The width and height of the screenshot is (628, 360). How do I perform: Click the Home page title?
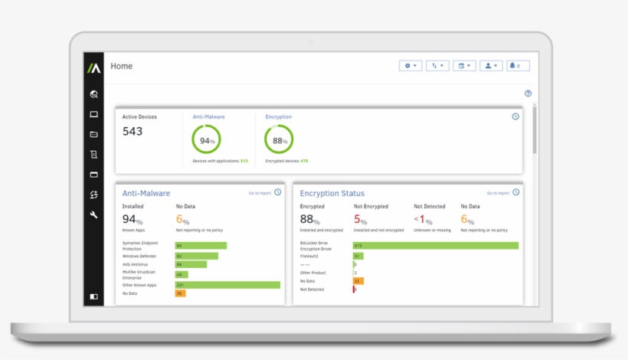(x=122, y=66)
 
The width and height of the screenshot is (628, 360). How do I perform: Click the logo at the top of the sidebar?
(x=93, y=67)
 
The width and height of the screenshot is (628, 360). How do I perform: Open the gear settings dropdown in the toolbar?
(x=410, y=66)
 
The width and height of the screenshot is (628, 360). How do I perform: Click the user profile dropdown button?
(x=491, y=66)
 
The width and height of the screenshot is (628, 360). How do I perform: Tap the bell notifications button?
(x=518, y=66)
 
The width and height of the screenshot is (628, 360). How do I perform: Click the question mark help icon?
(x=528, y=93)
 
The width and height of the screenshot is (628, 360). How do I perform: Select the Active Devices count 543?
(x=132, y=131)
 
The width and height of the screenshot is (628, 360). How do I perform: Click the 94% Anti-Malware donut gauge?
(x=207, y=140)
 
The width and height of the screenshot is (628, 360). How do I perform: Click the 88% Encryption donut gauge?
(x=279, y=140)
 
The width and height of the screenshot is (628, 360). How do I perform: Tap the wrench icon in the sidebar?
(x=93, y=215)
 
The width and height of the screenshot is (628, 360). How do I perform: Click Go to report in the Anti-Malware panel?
(x=260, y=193)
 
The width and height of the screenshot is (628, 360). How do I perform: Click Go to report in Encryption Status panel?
(x=498, y=193)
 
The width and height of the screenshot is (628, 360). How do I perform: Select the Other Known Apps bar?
(x=227, y=284)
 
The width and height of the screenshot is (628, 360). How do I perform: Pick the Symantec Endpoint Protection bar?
(x=201, y=245)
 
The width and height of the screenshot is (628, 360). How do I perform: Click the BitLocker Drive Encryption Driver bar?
(x=435, y=245)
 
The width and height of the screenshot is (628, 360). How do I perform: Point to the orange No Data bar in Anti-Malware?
(x=180, y=293)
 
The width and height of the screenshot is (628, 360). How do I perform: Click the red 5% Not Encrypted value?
(x=361, y=220)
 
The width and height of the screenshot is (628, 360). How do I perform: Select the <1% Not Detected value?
(x=423, y=220)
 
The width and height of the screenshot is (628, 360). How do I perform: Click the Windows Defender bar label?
(x=139, y=256)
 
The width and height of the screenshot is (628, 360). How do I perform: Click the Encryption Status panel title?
(x=332, y=194)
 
